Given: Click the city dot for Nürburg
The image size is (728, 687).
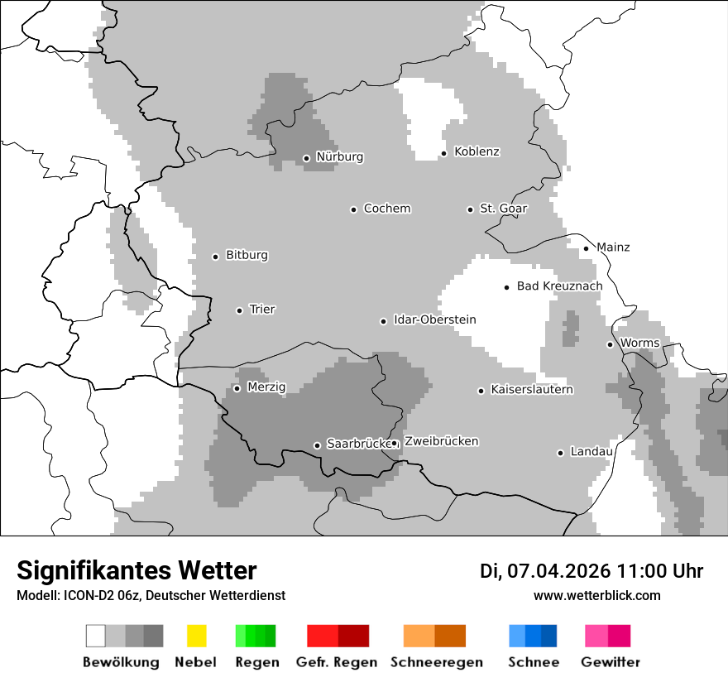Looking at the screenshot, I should (306, 158).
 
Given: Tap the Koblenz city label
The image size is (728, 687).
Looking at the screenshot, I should (477, 151).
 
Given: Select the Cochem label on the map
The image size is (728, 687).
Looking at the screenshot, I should (386, 209).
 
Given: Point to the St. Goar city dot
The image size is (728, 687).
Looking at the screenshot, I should (470, 209).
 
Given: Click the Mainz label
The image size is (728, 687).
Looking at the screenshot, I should (613, 247).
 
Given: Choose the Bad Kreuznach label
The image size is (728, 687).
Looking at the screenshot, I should (559, 286).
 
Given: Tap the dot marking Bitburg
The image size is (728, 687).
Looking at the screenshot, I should (215, 257).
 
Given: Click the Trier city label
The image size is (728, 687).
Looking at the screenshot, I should (261, 310).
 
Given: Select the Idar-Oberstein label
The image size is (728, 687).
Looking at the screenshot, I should (434, 320).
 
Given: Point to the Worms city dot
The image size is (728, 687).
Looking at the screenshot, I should (610, 344).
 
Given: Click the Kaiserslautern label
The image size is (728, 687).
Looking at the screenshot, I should (531, 390).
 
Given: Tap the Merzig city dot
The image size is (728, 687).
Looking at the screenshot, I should (237, 388).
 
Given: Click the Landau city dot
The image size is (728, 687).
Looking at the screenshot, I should (560, 453).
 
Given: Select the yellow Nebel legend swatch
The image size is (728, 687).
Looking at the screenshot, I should (196, 636).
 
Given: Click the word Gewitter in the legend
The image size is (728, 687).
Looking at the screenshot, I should (611, 662).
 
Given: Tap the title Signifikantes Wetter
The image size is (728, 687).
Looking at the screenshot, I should (136, 570).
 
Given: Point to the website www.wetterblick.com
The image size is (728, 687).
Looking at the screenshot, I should (596, 595).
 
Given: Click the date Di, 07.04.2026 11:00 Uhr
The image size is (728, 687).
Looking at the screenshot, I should (591, 571).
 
